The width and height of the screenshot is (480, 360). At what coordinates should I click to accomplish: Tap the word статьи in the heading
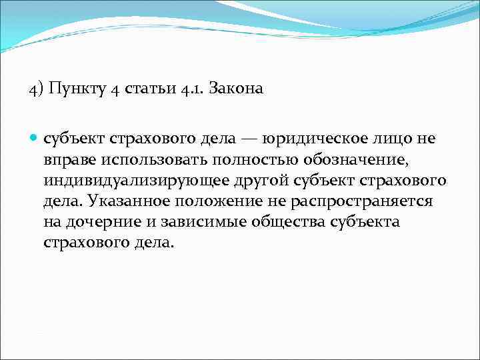(x=147, y=89)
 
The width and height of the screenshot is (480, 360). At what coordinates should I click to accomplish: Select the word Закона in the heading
(x=236, y=89)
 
